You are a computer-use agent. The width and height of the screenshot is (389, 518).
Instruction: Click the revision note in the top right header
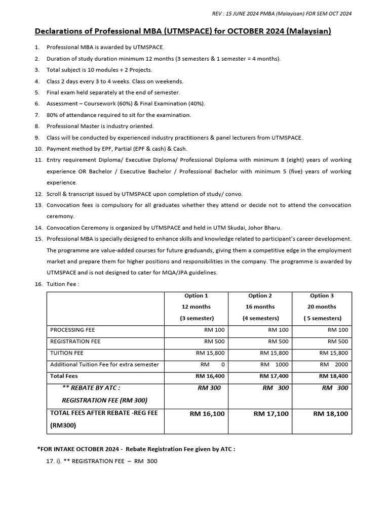point(281,13)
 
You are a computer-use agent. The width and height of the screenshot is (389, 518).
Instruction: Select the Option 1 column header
point(197,295)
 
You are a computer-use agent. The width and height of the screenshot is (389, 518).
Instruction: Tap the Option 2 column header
point(260,295)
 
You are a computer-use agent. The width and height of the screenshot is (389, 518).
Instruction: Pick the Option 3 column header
point(322,295)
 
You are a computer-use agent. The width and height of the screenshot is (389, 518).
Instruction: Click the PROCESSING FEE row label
point(72,330)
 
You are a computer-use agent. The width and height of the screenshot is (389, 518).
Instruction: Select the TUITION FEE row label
point(67,353)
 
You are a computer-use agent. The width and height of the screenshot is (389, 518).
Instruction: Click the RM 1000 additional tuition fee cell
point(274,365)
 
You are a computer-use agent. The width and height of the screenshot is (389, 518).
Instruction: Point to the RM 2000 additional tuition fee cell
point(334,365)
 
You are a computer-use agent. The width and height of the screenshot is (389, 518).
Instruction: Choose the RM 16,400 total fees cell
point(210,376)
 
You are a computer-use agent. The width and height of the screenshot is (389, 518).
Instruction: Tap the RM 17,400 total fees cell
point(274,376)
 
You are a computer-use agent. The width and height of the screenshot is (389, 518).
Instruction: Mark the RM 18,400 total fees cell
point(333,376)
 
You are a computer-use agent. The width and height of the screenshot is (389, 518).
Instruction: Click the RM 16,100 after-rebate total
point(207,414)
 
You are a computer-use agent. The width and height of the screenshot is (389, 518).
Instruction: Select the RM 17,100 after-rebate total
point(271,414)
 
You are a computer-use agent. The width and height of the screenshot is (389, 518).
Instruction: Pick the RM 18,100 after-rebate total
point(330,414)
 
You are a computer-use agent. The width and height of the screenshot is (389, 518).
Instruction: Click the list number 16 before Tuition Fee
point(38,284)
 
